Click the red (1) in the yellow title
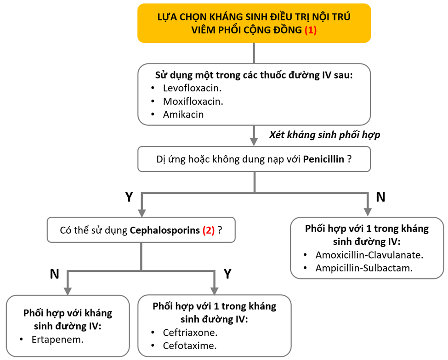pyautogui.click(x=311, y=30)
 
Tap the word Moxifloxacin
pyautogui.click(x=193, y=101)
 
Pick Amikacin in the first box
pyautogui.click(x=183, y=115)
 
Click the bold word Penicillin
pyautogui.click(x=323, y=159)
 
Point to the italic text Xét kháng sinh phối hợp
pyautogui.click(x=324, y=135)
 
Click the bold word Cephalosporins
pyautogui.click(x=165, y=230)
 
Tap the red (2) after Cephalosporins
pyautogui.click(x=209, y=230)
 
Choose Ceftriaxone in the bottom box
pyautogui.click(x=190, y=332)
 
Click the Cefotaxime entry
pyautogui.click(x=189, y=346)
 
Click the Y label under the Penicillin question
pyautogui.click(x=129, y=197)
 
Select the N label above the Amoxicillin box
pyautogui.click(x=380, y=197)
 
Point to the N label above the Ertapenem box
pyautogui.click(x=54, y=274)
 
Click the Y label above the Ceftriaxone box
pyautogui.click(x=227, y=274)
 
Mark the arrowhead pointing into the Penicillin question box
pyautogui.click(x=254, y=141)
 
